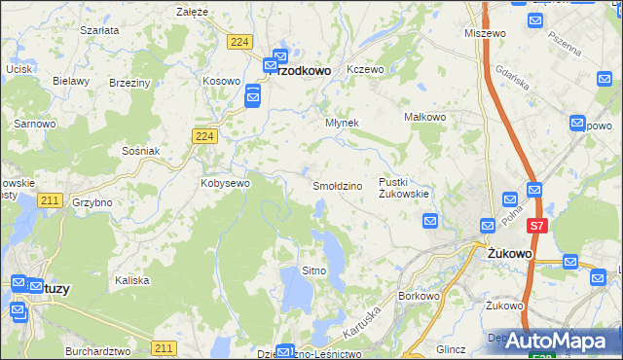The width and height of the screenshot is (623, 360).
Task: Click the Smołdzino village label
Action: click(x=337, y=185)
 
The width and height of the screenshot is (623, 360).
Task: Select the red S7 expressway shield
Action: click(x=536, y=226)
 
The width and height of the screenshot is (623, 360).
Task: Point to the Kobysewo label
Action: click(x=225, y=182)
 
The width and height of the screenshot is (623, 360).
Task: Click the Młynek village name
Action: click(x=342, y=124)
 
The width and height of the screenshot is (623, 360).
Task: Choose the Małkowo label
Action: click(x=424, y=117)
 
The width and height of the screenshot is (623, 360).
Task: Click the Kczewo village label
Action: click(x=366, y=70)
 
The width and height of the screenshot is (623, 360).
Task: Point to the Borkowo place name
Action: click(x=421, y=296)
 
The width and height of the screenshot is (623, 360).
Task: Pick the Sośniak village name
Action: click(x=140, y=151)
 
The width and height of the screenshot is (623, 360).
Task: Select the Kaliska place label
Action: click(x=131, y=279)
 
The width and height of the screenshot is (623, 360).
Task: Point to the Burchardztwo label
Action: click(x=97, y=349)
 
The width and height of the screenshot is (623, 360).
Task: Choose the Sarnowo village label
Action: click(x=33, y=124)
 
